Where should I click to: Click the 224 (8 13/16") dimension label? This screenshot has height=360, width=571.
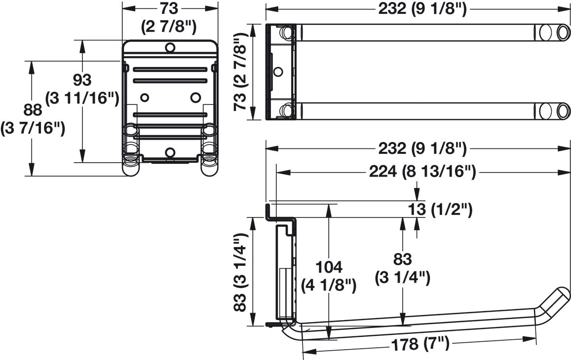[x=422, y=171]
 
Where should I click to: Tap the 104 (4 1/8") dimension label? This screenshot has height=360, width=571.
[x=329, y=276]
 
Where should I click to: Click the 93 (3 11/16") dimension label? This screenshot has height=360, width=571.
[x=82, y=89]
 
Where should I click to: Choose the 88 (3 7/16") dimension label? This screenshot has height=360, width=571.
[x=33, y=119]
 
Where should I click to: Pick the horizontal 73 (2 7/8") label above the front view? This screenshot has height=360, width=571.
[x=169, y=17]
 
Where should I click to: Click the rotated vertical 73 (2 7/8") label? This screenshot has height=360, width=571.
[x=241, y=72]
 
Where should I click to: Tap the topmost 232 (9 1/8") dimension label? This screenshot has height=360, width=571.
[x=422, y=9]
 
